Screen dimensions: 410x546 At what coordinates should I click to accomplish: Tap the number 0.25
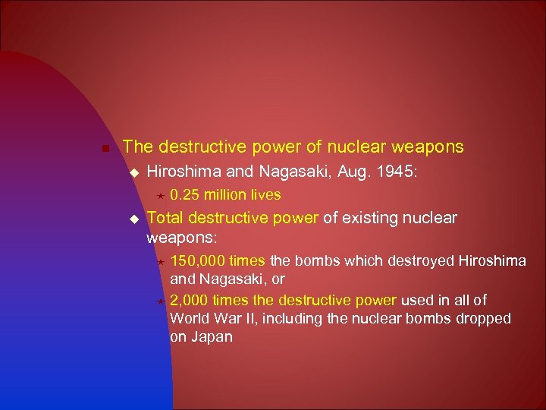pyautogui.click(x=184, y=195)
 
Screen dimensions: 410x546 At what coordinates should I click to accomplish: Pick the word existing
pyautogui.click(x=372, y=219)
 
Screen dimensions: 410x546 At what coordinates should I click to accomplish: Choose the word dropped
pyautogui.click(x=482, y=318)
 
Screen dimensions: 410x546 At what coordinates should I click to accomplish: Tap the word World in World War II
pyautogui.click(x=190, y=318)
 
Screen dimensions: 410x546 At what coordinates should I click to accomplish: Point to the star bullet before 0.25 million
pyautogui.click(x=158, y=196)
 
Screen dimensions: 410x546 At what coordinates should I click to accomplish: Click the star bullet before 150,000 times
pyautogui.click(x=159, y=261)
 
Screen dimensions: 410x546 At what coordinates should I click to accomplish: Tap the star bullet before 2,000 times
pyautogui.click(x=159, y=301)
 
